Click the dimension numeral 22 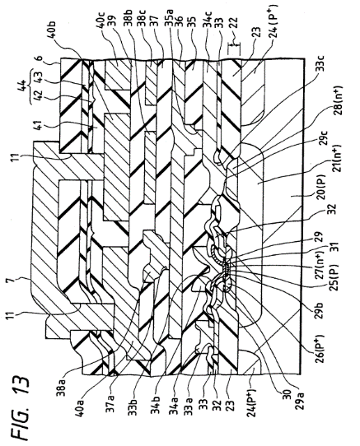[x=233, y=25]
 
